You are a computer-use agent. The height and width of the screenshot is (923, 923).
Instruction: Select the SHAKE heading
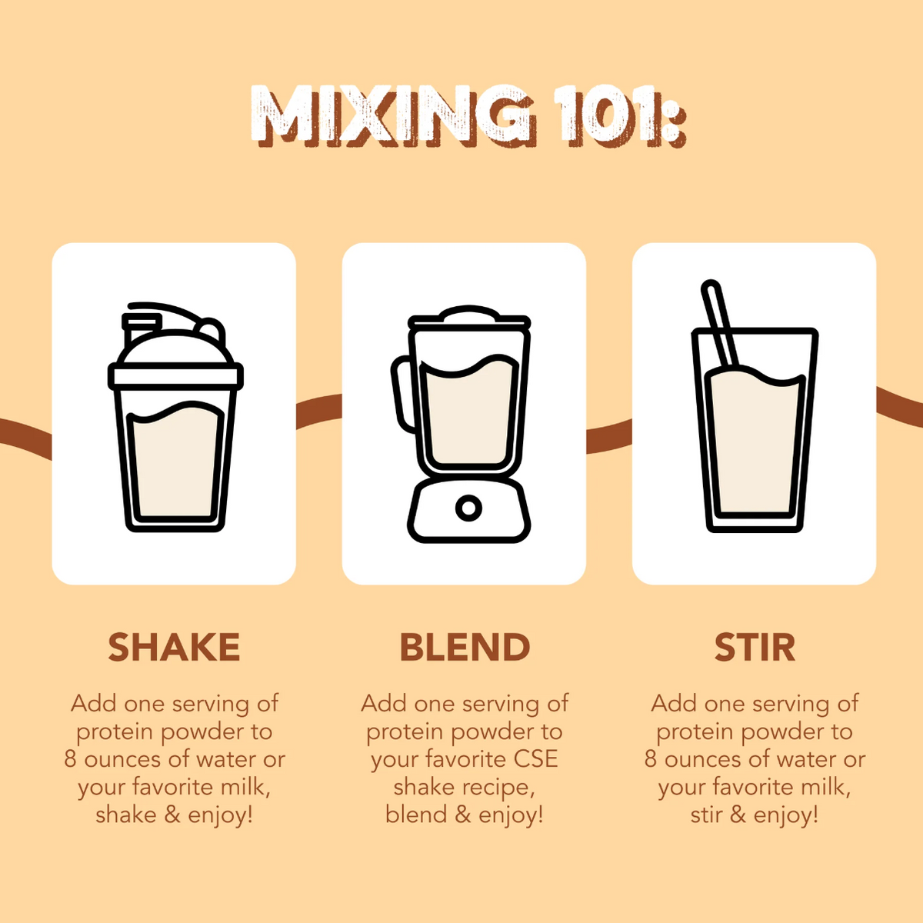point(174,648)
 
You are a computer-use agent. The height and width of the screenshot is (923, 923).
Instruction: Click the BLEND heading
point(465,648)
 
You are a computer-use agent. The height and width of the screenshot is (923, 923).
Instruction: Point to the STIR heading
point(755,648)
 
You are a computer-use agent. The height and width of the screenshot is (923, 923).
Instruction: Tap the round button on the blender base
point(468,508)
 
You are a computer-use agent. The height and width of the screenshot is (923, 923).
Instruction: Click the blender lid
point(468,317)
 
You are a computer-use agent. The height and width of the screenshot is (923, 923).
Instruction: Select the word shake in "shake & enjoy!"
point(126,815)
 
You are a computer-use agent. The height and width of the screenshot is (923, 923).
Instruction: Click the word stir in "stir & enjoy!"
point(705,815)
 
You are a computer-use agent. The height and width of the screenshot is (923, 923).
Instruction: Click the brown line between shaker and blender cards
point(318,409)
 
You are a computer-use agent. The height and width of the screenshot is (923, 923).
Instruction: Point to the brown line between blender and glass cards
point(608,436)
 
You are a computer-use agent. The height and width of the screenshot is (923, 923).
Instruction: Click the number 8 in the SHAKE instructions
point(70,759)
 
